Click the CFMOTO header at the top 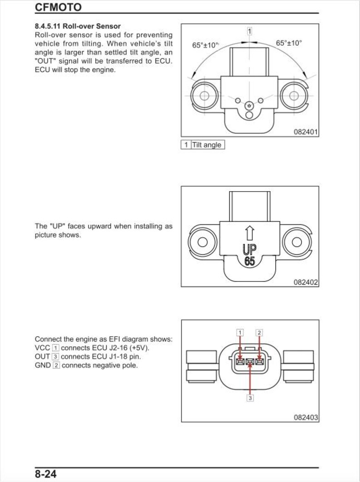(58, 7)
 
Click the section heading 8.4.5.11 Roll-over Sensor (78, 26)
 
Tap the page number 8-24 (46, 474)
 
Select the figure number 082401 (306, 132)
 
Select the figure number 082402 (306, 282)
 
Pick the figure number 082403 (306, 417)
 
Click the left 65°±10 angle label (205, 45)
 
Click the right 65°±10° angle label (289, 43)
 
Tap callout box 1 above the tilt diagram (249, 31)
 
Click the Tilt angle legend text (207, 145)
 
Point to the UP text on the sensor (249, 249)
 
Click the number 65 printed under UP (249, 261)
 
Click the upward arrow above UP (249, 233)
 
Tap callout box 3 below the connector (250, 398)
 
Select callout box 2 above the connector (259, 333)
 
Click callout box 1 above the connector (240, 333)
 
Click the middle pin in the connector (250, 361)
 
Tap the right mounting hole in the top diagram (294, 95)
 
